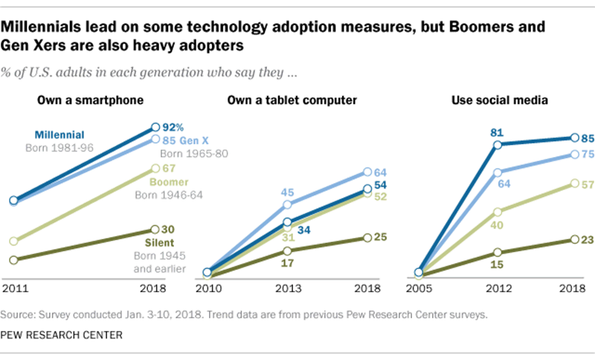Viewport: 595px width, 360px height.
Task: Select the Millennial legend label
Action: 73,135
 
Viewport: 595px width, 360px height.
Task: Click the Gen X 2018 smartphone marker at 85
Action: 155,139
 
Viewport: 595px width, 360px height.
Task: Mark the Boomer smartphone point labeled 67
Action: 155,168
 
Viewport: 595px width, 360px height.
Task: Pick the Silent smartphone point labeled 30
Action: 155,229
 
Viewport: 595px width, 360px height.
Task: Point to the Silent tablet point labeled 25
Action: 367,237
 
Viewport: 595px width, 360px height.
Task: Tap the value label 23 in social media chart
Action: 587,240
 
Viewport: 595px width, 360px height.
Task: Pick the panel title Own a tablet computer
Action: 289,100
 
